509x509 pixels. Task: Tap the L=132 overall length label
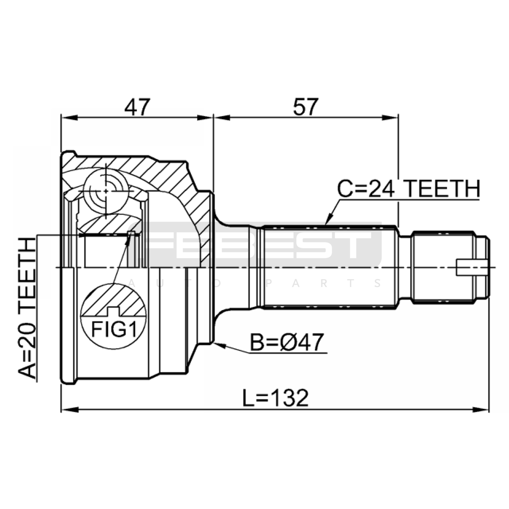[x=275, y=398]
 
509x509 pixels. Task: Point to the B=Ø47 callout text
[x=287, y=342]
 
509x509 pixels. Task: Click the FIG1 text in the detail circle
[x=114, y=330]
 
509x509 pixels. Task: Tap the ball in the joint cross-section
[x=106, y=191]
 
